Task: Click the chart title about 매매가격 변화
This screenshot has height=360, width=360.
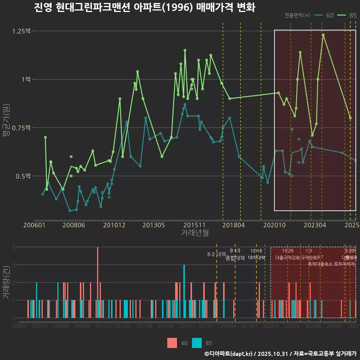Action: tap(144, 8)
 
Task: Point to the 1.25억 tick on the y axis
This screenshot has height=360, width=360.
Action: tap(21, 31)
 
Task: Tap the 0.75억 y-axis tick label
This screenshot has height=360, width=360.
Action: tap(21, 127)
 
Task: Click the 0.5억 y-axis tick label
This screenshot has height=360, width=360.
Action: tap(22, 176)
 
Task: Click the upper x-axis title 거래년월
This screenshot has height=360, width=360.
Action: tap(195, 233)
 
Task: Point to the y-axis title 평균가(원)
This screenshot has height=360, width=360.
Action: tap(6, 127)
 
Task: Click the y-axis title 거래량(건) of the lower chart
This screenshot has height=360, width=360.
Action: tap(6, 282)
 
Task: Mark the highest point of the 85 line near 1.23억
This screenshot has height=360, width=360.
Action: tap(323, 35)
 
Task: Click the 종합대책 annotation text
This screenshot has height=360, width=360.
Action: tap(235, 258)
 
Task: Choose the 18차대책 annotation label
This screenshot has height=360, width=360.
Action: tap(256, 258)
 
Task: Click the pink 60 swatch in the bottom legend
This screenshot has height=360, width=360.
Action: tap(172, 343)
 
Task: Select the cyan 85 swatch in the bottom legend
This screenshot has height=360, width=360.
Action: tap(196, 343)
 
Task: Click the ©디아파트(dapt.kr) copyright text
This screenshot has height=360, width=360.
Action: tap(229, 354)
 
